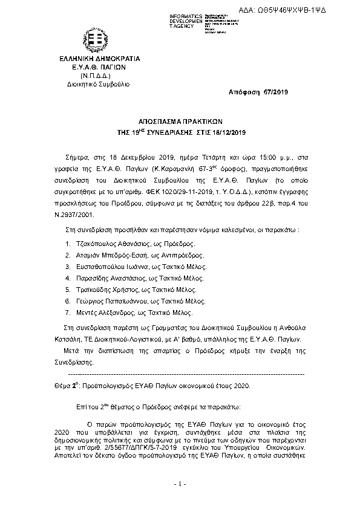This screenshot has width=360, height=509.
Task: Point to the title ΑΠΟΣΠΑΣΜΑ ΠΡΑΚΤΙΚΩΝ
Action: [x=180, y=121]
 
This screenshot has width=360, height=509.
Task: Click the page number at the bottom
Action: [x=180, y=484]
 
